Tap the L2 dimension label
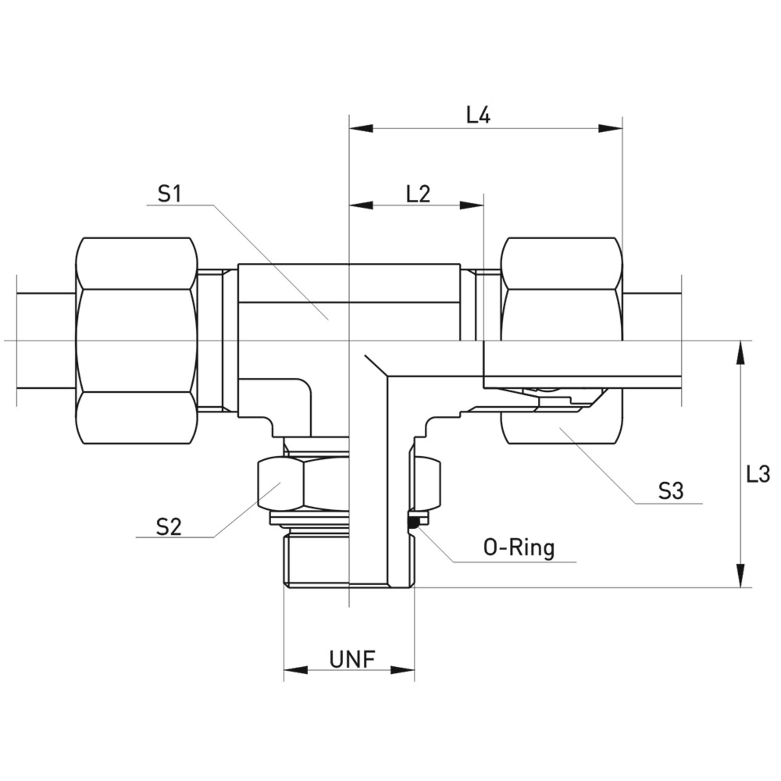pyautogui.click(x=418, y=195)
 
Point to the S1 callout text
pyautogui.click(x=170, y=195)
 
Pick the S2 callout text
pyautogui.click(x=168, y=528)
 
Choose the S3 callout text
pyautogui.click(x=671, y=492)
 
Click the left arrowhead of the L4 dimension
pyautogui.click(x=361, y=128)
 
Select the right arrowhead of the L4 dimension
pyautogui.click(x=611, y=128)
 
